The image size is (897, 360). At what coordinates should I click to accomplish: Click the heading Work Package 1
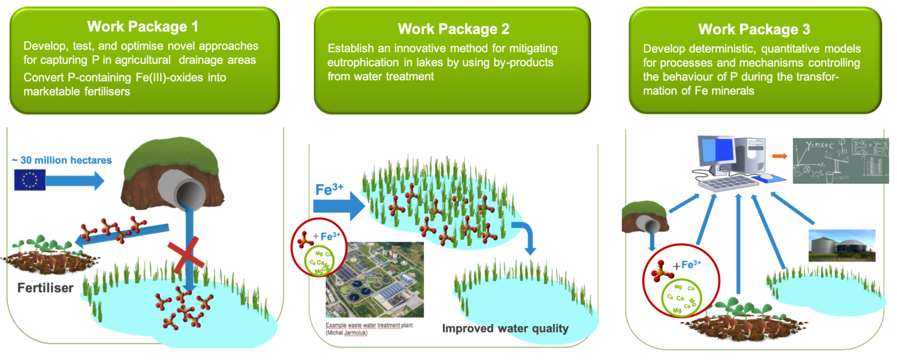142,26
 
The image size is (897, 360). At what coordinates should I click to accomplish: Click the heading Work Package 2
453,29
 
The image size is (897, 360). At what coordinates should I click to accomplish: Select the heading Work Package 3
753,29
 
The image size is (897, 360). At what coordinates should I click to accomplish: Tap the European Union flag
29,179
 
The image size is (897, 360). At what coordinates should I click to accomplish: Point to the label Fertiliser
45,288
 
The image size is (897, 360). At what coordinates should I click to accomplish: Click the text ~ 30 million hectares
62,160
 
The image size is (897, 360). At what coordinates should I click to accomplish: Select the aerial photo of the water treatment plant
374,280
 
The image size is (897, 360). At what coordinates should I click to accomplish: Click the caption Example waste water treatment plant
369,325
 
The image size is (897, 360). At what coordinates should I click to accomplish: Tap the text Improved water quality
505,329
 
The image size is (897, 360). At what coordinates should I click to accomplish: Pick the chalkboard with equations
840,161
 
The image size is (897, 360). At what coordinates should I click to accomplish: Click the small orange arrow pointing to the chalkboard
779,156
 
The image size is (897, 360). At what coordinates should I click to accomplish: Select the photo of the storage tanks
841,245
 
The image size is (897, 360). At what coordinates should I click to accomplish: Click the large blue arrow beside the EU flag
75,181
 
